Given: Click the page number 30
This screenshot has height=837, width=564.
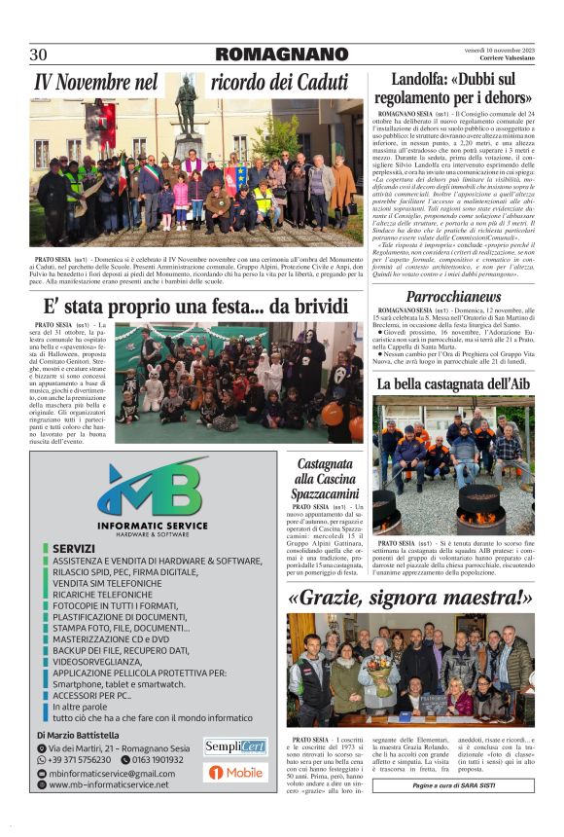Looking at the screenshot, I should pos(39,55).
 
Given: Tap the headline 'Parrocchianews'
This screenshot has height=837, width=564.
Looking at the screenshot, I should pos(453,295).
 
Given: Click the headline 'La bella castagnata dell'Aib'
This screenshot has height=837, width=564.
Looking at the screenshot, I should pos(453,384).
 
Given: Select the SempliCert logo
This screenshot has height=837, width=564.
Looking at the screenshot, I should pos(234,746).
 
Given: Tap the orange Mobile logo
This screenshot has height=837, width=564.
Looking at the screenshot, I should pos(234,773).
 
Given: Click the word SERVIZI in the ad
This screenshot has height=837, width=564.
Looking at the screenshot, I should pos(74,548).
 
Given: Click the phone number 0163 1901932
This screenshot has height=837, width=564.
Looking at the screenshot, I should pos(158,759).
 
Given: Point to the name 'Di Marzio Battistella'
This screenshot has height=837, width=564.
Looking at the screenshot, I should pos(78,735).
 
